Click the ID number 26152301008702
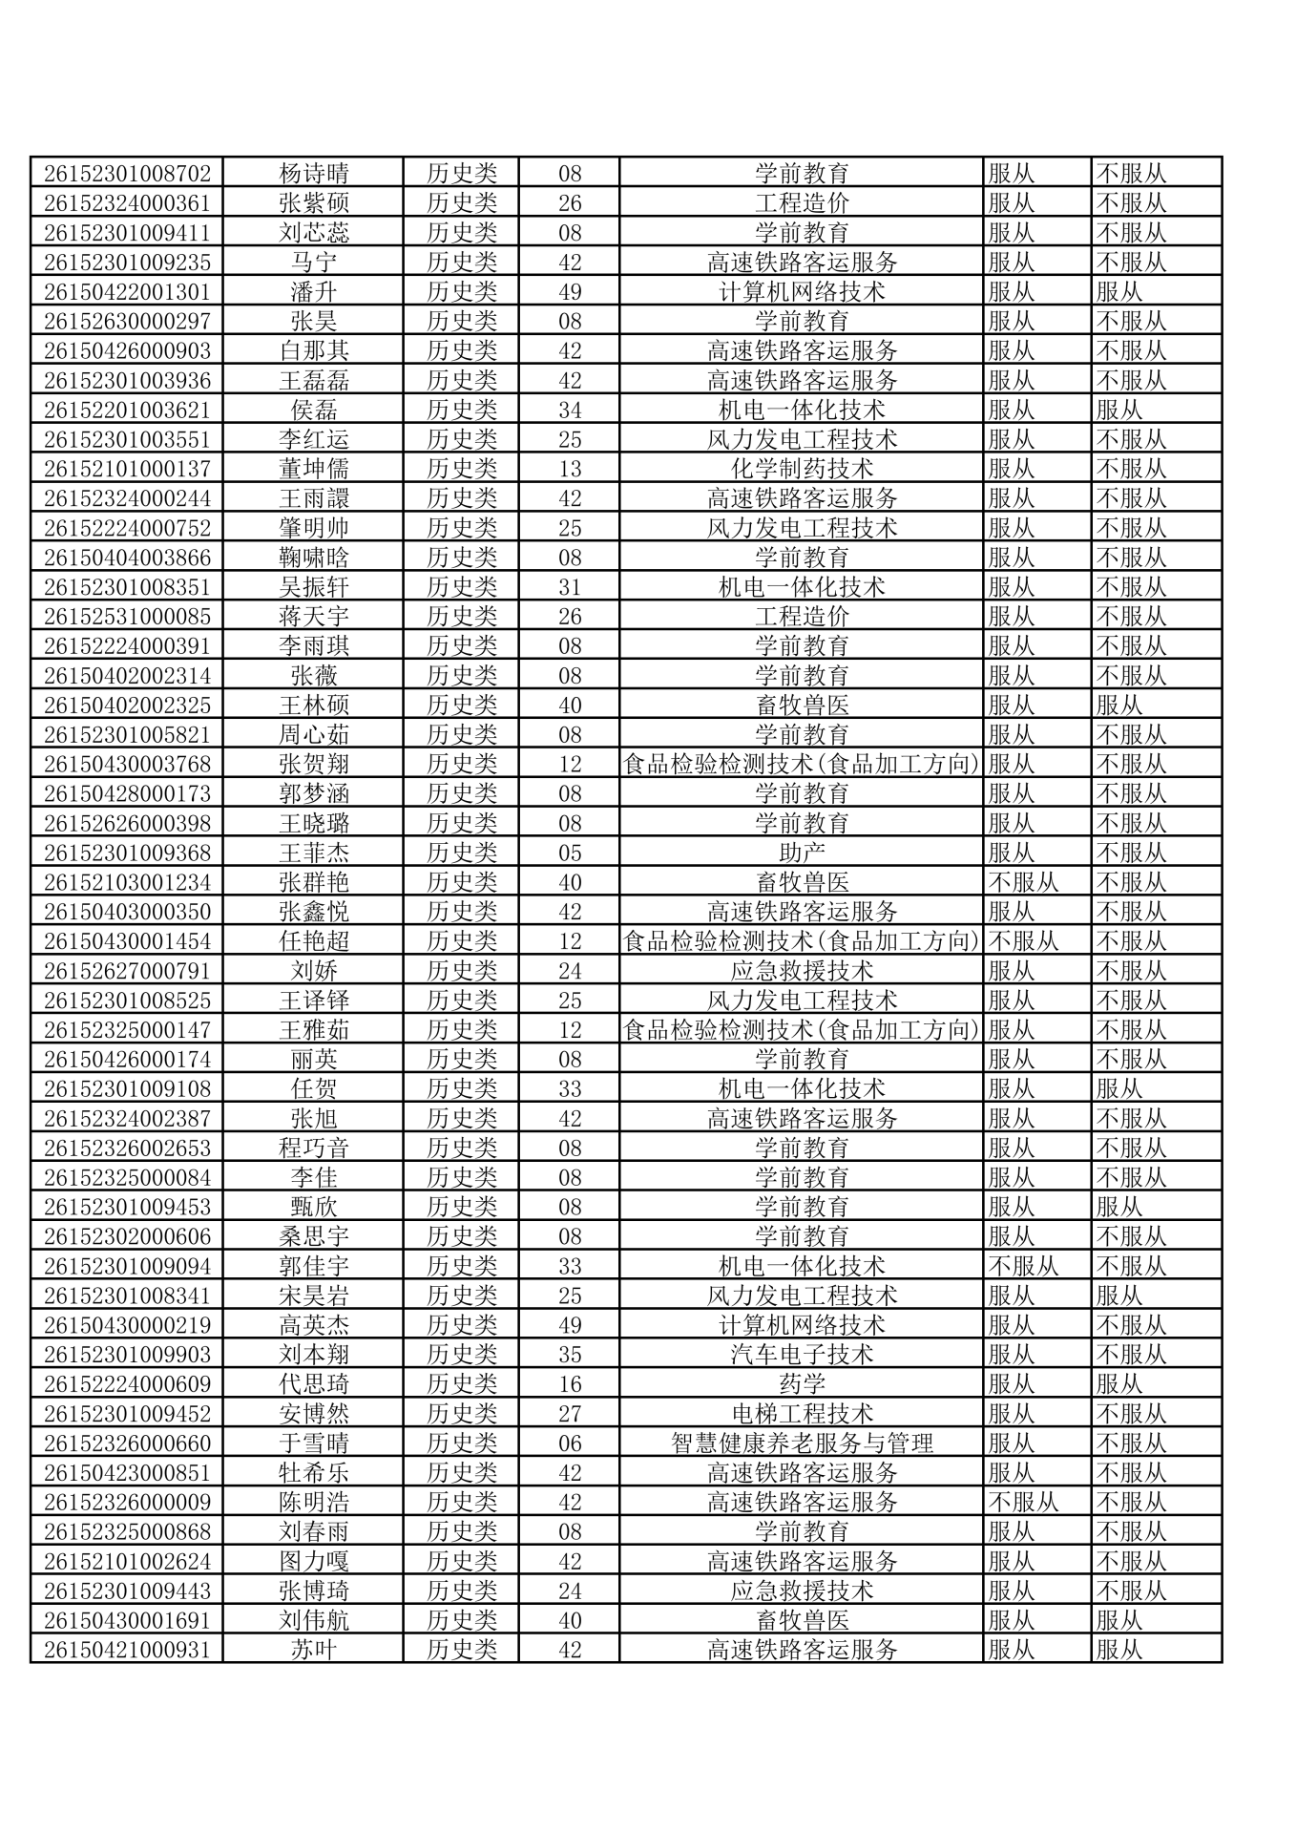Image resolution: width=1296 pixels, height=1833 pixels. [127, 174]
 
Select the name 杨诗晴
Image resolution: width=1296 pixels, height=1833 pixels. [313, 174]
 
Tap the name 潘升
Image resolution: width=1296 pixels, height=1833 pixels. [313, 292]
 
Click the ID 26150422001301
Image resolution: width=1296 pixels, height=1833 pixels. [127, 292]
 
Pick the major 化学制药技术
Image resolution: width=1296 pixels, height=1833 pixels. [802, 469]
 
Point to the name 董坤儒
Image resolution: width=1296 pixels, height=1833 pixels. [313, 469]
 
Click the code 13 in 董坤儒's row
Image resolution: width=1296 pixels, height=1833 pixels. [570, 469]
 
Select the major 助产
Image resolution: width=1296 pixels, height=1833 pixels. [802, 853]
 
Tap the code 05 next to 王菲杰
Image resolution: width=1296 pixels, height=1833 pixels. [570, 853]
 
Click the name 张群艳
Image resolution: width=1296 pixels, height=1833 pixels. [313, 882]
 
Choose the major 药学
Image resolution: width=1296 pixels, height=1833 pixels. [802, 1384]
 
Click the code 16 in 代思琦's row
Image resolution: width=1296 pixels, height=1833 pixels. [570, 1384]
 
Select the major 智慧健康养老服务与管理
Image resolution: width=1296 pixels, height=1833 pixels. [802, 1443]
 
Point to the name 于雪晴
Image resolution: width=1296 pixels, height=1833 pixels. [313, 1443]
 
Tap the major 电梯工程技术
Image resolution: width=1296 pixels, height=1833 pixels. [802, 1414]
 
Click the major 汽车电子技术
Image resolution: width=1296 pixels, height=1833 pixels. [802, 1355]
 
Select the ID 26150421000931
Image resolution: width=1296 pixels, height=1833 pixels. [127, 1650]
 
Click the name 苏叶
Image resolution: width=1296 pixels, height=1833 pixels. [313, 1650]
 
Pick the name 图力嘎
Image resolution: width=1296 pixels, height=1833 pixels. [313, 1561]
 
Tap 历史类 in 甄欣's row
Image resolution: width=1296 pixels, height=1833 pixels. [462, 1207]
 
